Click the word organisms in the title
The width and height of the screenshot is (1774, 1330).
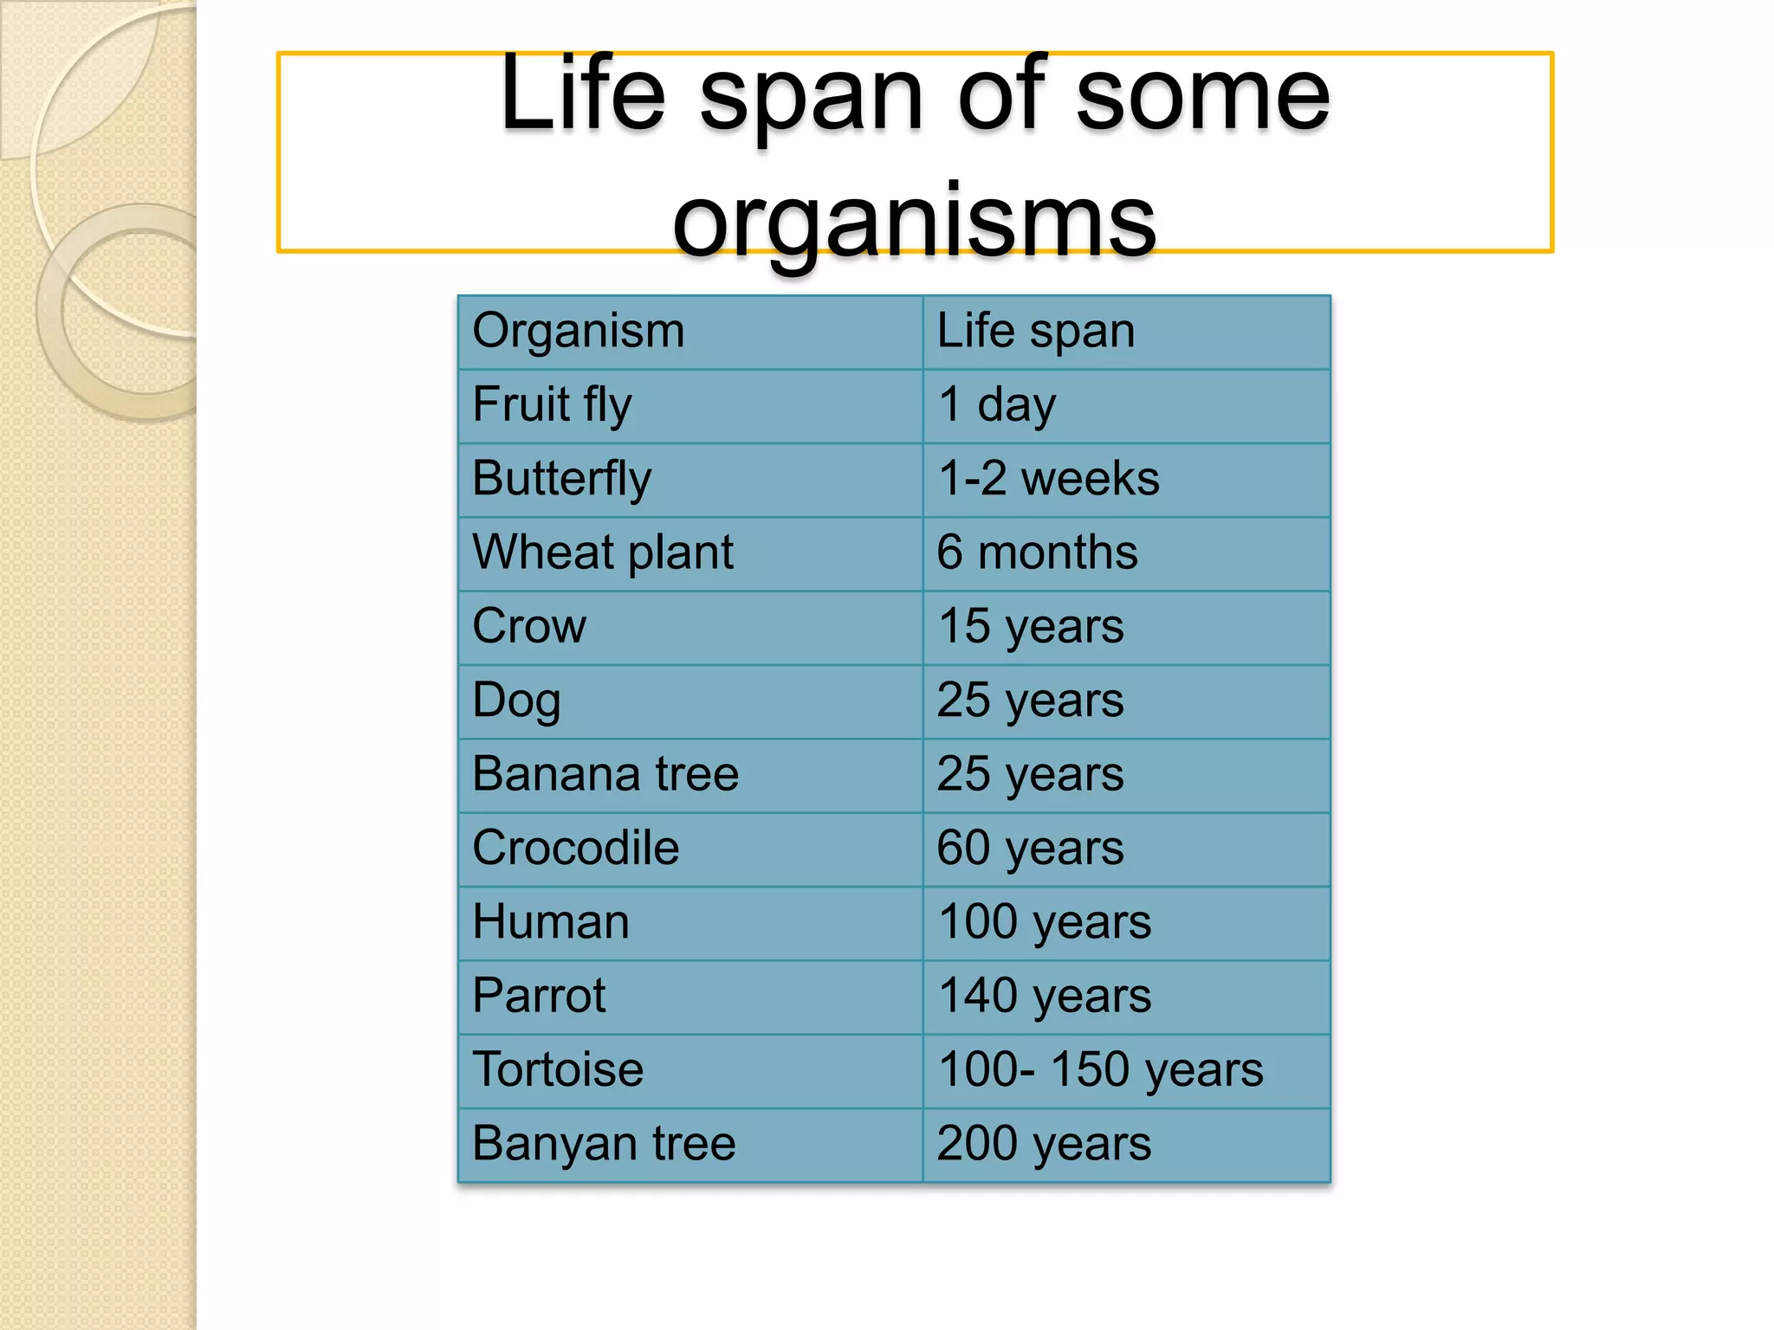pyautogui.click(x=914, y=221)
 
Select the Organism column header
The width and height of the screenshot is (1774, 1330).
pyautogui.click(x=579, y=332)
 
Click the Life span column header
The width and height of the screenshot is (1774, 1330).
pyautogui.click(x=1035, y=332)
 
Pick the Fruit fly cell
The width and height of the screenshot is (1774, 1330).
pyautogui.click(x=553, y=405)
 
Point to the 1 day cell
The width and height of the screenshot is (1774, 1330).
pyautogui.click(x=997, y=405)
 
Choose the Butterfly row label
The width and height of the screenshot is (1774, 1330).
pyautogui.click(x=561, y=479)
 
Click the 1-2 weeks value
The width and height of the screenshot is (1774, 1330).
pyautogui.click(x=1048, y=479)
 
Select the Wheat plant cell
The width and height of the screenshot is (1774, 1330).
pyautogui.click(x=603, y=552)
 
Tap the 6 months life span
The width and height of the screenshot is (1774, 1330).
pyautogui.click(x=1037, y=552)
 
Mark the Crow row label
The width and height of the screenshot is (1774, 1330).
pyautogui.click(x=529, y=626)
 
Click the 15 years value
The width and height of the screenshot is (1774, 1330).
pyautogui.click(x=1031, y=627)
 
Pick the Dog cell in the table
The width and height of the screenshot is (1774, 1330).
pyautogui.click(x=516, y=701)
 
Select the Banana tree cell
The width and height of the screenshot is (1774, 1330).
pyautogui.click(x=605, y=774)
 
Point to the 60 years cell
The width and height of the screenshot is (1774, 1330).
pyautogui.click(x=1031, y=849)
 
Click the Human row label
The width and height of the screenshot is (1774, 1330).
pyautogui.click(x=551, y=922)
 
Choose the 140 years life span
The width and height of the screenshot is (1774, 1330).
pyautogui.click(x=1045, y=996)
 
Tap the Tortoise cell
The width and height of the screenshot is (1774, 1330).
pyautogui.click(x=558, y=1070)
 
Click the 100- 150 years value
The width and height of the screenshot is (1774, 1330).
pyautogui.click(x=1100, y=1070)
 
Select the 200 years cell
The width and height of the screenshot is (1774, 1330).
pyautogui.click(x=1044, y=1144)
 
